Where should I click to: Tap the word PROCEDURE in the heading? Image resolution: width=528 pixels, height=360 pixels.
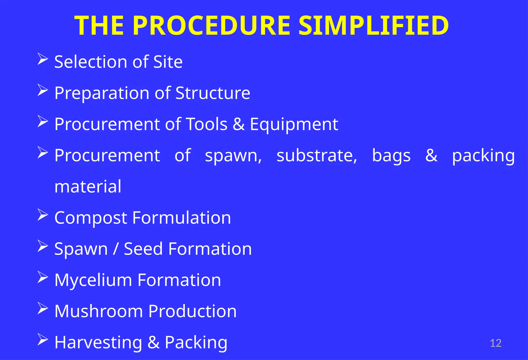(211, 26)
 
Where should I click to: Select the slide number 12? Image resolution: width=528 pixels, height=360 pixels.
(495, 343)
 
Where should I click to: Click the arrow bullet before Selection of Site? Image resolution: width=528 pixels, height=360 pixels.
(43, 59)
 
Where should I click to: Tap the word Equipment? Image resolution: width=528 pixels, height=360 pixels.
(294, 125)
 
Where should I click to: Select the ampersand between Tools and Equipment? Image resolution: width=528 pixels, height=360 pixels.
(239, 124)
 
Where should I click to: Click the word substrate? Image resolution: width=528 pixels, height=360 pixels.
(317, 155)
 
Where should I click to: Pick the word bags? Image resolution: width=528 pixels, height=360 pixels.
(391, 156)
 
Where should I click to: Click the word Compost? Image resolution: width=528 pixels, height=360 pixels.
(91, 218)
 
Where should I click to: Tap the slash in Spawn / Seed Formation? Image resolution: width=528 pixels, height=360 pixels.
(116, 249)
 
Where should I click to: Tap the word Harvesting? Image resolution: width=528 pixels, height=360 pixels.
(98, 343)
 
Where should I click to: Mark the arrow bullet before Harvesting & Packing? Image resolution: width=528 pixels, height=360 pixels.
(43, 339)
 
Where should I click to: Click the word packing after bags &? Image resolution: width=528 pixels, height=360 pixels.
(483, 156)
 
